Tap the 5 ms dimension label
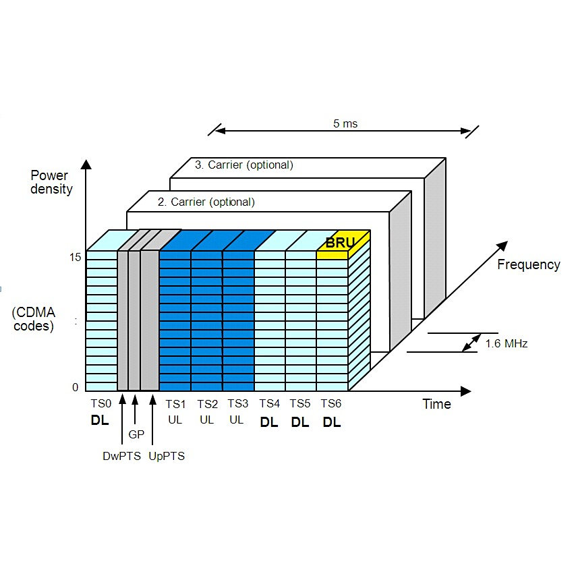pos(345,124)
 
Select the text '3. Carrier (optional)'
pos(244,165)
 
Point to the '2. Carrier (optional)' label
pos(206,202)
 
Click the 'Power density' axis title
pos(51,183)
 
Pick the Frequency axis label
pos(528,264)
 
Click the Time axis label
pos(436,404)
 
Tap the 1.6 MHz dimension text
pos(506,343)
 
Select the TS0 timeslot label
pos(100,403)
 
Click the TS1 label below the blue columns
pos(175,403)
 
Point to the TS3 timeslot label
pos(237,403)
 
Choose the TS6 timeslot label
pos(330,403)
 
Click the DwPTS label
pos(121,456)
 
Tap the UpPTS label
pos(167,456)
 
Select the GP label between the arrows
pos(136,435)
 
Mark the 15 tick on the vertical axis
pos(75,257)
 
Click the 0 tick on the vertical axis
pos(76,387)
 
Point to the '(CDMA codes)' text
pos(34,318)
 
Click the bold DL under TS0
pos(100,422)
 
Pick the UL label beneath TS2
pos(207,420)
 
